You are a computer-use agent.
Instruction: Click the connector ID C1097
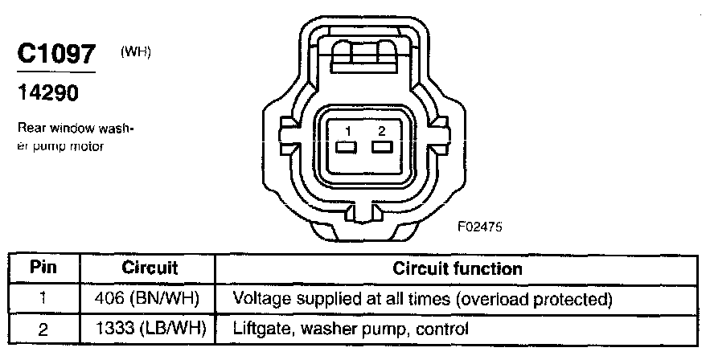click(x=56, y=55)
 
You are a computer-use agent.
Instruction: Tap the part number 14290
click(x=48, y=93)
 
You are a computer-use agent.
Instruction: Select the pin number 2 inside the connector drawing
click(x=382, y=131)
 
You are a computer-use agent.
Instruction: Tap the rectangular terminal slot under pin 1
click(x=347, y=148)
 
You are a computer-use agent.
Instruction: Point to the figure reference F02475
click(x=480, y=227)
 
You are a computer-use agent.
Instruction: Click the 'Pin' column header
click(x=43, y=268)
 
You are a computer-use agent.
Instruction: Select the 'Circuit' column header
click(x=150, y=268)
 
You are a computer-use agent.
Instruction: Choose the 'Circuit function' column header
click(x=458, y=268)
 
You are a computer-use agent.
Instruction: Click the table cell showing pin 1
click(x=43, y=299)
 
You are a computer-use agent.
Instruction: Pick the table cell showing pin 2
click(x=43, y=329)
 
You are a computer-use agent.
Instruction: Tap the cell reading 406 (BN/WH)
click(x=150, y=299)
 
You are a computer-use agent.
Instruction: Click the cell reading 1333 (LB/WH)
click(x=150, y=329)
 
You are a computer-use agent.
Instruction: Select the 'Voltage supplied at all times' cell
click(x=423, y=299)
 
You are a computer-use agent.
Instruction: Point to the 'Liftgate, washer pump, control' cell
click(x=350, y=329)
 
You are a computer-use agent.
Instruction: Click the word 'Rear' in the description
click(x=27, y=129)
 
